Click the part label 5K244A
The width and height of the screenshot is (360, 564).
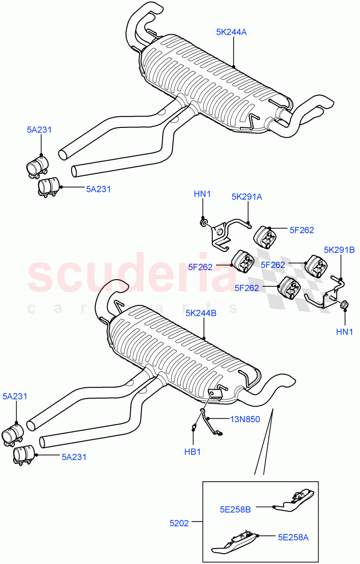(231, 32)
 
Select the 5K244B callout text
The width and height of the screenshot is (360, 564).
(201, 313)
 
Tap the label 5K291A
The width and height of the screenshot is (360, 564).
(246, 197)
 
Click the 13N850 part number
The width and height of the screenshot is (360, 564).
(244, 420)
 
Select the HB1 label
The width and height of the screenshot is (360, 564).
(192, 452)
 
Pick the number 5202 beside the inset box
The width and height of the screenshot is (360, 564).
(179, 523)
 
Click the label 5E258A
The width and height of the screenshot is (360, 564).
(293, 537)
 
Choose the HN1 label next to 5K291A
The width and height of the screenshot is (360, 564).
(203, 193)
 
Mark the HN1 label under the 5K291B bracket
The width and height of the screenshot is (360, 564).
(344, 332)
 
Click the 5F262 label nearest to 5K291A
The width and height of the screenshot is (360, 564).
(302, 230)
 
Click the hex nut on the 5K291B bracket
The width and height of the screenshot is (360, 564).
(342, 305)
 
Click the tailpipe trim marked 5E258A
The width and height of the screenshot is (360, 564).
(235, 541)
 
